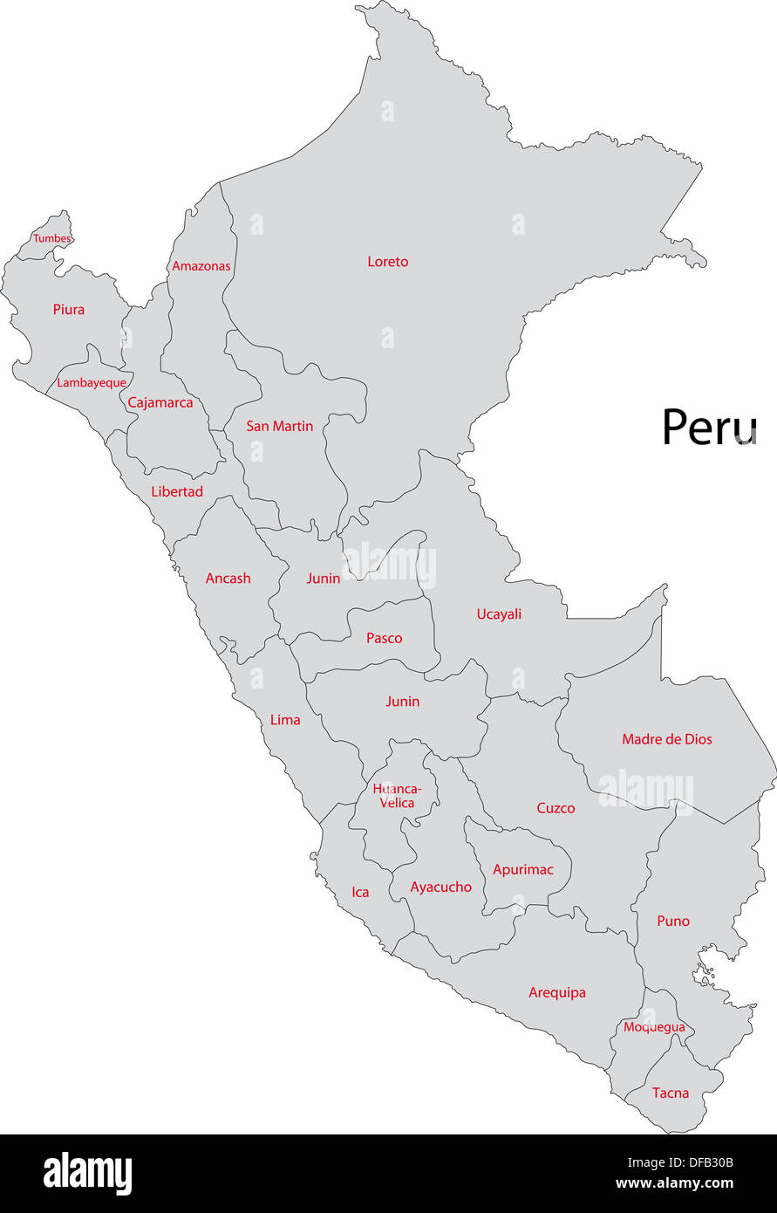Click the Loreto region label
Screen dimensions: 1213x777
point(387,262)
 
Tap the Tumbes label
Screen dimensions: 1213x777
point(52,238)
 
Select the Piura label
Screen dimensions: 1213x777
point(69,310)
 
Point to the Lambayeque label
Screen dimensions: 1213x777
point(92,383)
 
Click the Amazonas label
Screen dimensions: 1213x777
point(201,266)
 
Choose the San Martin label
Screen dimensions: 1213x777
point(279,427)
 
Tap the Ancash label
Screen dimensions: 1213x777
point(228,579)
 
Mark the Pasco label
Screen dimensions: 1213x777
point(385,639)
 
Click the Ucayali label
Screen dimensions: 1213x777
point(499,614)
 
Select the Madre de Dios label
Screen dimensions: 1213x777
point(667,739)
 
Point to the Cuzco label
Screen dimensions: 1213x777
point(555,809)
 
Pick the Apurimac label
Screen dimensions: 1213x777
point(523,870)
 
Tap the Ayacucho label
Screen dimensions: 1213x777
point(441,887)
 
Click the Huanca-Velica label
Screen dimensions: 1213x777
point(397,796)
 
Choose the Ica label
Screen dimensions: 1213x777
point(360,893)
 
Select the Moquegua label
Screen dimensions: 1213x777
point(654,1028)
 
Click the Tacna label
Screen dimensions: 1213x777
point(671,1093)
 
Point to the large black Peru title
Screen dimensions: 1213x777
point(709,428)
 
